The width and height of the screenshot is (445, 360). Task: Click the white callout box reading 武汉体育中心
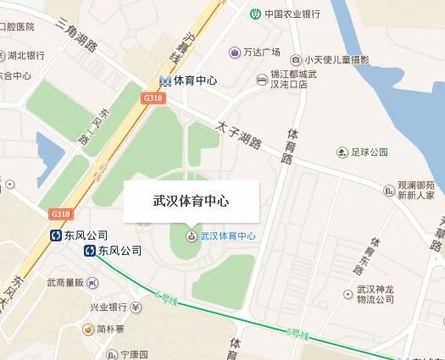pyautogui.click(x=190, y=202)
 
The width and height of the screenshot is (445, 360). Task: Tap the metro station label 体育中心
pyautogui.click(x=196, y=80)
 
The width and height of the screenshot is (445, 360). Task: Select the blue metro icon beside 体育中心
pyautogui.click(x=165, y=80)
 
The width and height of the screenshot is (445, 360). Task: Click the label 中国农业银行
pyautogui.click(x=292, y=14)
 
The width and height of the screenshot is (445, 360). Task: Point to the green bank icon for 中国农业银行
pyautogui.click(x=254, y=14)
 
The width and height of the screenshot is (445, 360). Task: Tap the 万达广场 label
pyautogui.click(x=261, y=53)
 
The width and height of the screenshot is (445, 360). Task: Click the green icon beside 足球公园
pyautogui.click(x=342, y=152)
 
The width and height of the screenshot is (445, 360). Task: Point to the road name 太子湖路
pyautogui.click(x=238, y=135)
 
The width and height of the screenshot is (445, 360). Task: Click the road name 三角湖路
pyautogui.click(x=74, y=35)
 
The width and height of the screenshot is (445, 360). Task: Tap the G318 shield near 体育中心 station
pyautogui.click(x=153, y=98)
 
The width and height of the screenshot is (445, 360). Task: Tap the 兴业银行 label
pyautogui.click(x=108, y=307)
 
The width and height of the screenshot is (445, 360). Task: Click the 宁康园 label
pyautogui.click(x=132, y=354)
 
